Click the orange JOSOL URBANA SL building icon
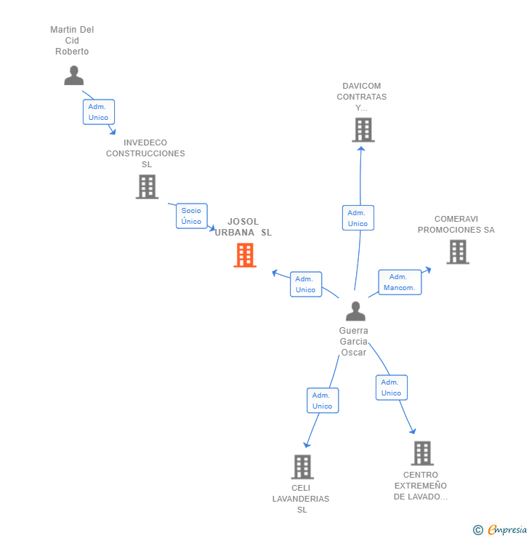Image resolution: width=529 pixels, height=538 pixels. [245, 255]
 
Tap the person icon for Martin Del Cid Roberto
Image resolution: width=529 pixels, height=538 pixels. [73, 76]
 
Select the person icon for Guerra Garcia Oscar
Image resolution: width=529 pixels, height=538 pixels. [355, 311]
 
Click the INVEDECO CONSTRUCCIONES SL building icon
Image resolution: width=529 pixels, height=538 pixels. [147, 187]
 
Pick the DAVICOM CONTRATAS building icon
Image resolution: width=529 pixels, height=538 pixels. [363, 130]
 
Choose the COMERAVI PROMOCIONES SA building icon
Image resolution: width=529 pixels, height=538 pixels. [457, 252]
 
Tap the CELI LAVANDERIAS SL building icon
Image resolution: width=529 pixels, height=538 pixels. [302, 467]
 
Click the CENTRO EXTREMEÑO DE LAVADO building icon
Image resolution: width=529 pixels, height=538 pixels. [422, 453]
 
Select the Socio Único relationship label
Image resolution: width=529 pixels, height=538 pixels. [192, 216]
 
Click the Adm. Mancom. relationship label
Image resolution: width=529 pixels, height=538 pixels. [400, 282]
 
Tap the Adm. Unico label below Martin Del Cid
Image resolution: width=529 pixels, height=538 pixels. [98, 112]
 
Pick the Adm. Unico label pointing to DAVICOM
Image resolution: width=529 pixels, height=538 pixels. [358, 218]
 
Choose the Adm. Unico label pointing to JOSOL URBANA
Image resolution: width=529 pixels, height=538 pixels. [305, 284]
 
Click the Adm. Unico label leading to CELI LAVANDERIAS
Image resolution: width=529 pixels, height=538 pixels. [323, 401]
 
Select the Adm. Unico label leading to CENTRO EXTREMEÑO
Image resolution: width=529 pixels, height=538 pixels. [391, 388]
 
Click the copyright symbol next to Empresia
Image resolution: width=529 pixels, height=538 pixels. [478, 531]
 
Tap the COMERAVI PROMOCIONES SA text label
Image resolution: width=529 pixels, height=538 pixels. [456, 225]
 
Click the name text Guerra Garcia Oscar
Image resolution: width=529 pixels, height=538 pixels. [354, 342]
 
